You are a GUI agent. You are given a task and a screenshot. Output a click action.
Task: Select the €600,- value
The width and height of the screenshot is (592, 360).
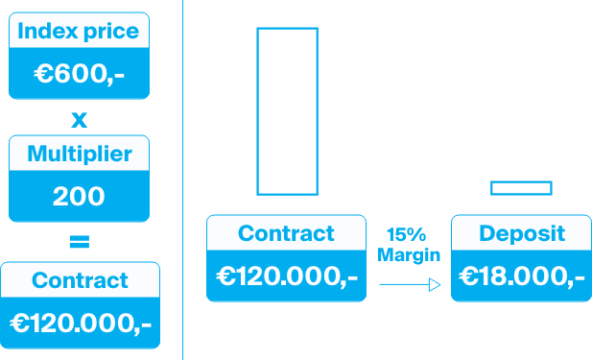point(79,74)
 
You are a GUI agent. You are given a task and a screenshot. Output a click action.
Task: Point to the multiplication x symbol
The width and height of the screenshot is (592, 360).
point(79,120)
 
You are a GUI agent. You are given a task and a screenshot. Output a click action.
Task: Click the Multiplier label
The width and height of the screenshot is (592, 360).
point(79,154)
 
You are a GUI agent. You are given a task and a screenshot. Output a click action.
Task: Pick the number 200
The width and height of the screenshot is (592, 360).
point(79,196)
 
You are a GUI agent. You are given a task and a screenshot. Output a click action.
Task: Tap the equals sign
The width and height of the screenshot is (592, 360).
point(79,241)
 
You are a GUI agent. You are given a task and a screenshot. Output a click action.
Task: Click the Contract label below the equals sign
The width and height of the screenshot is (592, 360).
point(80,280)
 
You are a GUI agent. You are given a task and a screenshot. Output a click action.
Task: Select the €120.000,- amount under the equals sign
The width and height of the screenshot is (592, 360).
point(80,324)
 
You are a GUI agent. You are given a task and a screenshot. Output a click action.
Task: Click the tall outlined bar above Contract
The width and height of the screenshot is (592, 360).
point(287,110)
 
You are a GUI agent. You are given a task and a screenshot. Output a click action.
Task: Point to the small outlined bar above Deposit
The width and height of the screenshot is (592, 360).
point(521,187)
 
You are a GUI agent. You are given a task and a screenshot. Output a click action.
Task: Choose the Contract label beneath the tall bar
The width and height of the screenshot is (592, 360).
point(286,233)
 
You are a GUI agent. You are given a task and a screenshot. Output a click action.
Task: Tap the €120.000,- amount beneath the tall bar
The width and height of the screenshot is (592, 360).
point(287,276)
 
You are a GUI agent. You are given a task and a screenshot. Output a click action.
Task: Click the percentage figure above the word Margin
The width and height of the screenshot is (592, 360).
point(406,235)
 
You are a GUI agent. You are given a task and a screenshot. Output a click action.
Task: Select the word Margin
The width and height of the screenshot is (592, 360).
point(409,254)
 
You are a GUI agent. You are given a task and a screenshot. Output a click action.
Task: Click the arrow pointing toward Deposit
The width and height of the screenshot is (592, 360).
point(409,284)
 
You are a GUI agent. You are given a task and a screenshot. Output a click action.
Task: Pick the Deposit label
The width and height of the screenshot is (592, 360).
point(522,233)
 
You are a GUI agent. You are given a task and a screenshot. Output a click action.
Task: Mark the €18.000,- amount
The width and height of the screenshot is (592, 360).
point(522,276)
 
